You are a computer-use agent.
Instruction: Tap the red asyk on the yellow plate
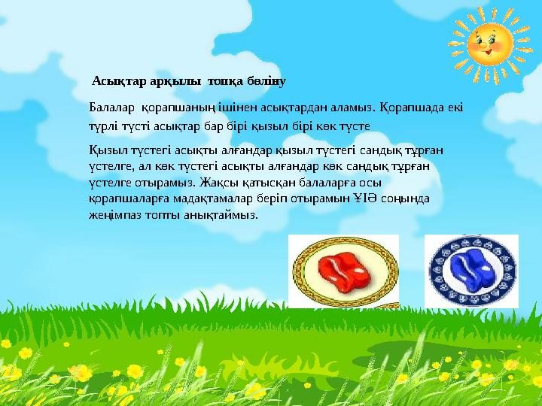click(x=343, y=270)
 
